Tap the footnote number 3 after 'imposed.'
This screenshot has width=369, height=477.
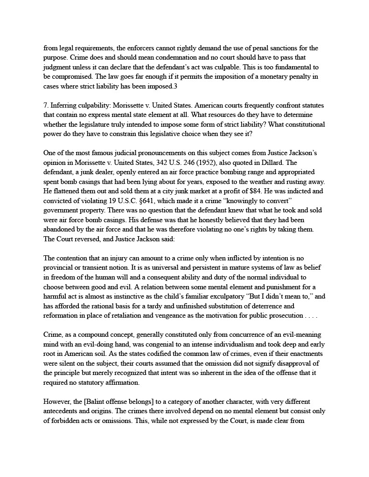click(x=174, y=87)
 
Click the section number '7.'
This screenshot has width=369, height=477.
click(x=46, y=106)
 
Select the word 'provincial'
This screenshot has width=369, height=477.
click(x=60, y=268)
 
